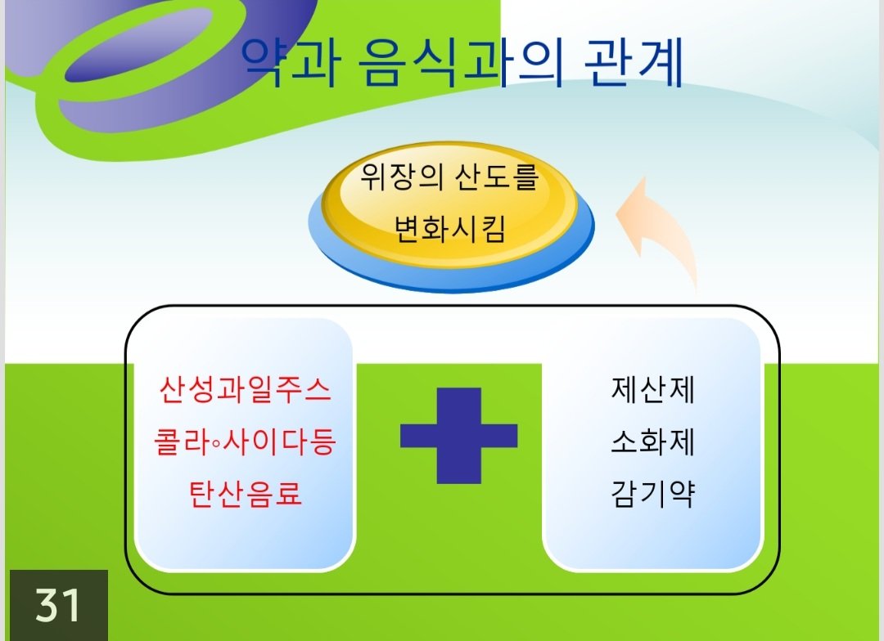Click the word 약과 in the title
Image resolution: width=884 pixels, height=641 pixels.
pos(291,62)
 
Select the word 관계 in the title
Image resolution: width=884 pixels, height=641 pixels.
pos(634,62)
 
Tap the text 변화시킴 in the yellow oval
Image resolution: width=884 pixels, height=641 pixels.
pos(449,229)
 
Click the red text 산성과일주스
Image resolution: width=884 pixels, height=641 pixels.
pos(245,389)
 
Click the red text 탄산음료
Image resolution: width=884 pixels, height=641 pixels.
pos(245,494)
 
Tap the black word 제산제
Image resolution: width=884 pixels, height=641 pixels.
pos(653,389)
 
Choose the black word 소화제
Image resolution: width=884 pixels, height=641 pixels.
pos(653,442)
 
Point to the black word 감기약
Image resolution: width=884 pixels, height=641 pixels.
pos(653,494)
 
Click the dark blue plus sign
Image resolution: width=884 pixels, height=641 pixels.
pos(459,436)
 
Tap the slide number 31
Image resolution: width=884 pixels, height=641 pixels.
pos(57,606)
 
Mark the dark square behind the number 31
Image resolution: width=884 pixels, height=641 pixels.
pos(59,605)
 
